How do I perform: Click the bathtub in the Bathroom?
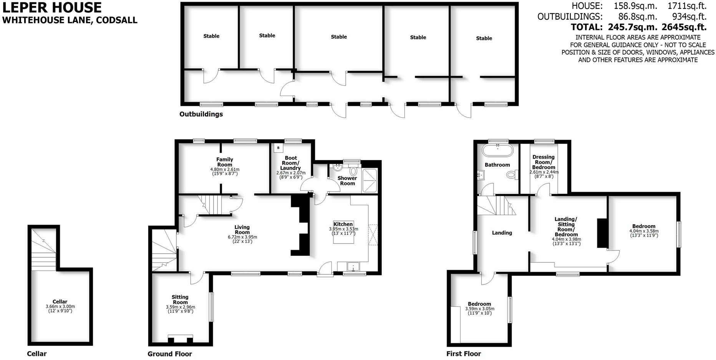point(497,151)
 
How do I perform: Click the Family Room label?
point(225,162)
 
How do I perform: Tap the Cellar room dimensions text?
point(60,309)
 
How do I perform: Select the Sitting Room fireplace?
point(181,339)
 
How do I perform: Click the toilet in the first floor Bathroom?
point(511,175)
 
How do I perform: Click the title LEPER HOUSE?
point(52,8)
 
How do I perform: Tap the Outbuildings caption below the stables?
point(201,114)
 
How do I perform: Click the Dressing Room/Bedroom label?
point(544,162)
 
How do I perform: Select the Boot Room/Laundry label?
point(291,163)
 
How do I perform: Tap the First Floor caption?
point(463,354)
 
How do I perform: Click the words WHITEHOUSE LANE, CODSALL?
point(70,20)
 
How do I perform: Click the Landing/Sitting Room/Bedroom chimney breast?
point(602,233)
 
